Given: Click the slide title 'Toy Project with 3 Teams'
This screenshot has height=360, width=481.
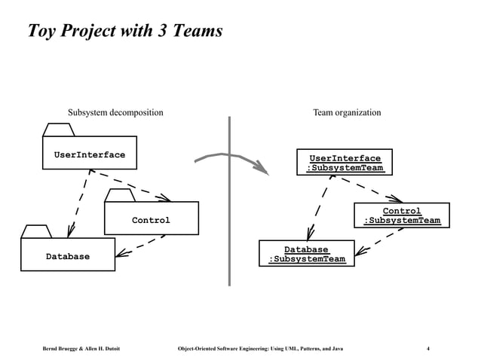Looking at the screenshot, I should [x=124, y=32].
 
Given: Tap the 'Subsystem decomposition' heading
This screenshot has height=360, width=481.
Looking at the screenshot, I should [x=115, y=113].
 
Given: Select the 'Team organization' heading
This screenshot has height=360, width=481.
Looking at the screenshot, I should [x=347, y=113].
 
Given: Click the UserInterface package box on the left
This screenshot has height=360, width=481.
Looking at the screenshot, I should [x=89, y=155].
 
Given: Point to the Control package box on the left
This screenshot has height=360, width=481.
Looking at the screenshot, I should [x=151, y=220].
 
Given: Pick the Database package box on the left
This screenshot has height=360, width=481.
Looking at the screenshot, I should [x=68, y=256].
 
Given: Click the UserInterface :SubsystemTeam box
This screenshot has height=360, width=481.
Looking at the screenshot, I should [x=345, y=163].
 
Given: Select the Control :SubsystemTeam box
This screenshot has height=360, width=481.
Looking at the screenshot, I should [x=401, y=216].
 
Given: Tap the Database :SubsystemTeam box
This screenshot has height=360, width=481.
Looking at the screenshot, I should [x=307, y=255].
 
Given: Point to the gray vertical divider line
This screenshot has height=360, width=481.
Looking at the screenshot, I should [x=229, y=226].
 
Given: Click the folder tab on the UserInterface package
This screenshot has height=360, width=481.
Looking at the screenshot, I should [x=58, y=130].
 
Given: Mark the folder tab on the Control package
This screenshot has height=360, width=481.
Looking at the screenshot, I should [x=119, y=195].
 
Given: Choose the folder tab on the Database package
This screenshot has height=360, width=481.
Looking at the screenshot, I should [x=36, y=231].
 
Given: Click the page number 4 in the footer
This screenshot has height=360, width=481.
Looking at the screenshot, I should [x=428, y=348].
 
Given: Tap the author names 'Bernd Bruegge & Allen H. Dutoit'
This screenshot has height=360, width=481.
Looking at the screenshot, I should [x=81, y=348].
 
